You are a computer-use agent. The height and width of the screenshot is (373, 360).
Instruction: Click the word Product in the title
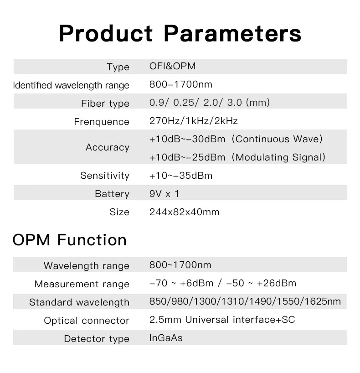tap(106, 33)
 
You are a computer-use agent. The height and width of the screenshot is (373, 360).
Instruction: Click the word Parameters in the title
tap(232, 33)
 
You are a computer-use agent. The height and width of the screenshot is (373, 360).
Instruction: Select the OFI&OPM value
tap(172, 66)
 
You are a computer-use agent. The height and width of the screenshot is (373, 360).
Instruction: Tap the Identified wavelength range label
tap(71, 85)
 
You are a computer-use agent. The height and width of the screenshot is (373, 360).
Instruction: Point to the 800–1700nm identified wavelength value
tap(181, 84)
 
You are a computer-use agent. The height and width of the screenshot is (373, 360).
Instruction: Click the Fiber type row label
tap(105, 104)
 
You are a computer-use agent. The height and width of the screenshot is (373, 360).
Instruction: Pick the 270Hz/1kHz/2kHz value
tap(194, 121)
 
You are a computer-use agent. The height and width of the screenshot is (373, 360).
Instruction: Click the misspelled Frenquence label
tap(102, 122)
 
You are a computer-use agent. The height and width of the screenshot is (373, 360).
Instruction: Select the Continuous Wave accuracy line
tap(236, 139)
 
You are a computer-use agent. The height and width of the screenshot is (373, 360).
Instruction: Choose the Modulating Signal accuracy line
tap(237, 157)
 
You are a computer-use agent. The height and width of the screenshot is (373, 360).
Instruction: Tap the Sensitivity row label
tap(105, 176)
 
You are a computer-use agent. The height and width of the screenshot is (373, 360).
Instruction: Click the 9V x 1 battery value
tap(164, 194)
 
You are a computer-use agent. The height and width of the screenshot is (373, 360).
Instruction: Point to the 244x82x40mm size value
tap(184, 212)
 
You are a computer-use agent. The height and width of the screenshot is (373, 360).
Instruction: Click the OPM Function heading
tap(69, 239)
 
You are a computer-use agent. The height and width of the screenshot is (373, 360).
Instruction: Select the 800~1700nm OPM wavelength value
tap(180, 265)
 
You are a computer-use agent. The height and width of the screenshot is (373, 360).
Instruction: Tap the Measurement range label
tap(82, 284)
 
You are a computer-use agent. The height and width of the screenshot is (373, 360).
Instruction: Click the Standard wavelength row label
tap(79, 302)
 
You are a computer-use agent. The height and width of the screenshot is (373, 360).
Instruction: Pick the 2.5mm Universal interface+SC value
tap(222, 320)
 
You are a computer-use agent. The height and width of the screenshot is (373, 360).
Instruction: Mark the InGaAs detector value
tap(166, 338)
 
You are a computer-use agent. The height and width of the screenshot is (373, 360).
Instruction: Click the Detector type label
tap(97, 338)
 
